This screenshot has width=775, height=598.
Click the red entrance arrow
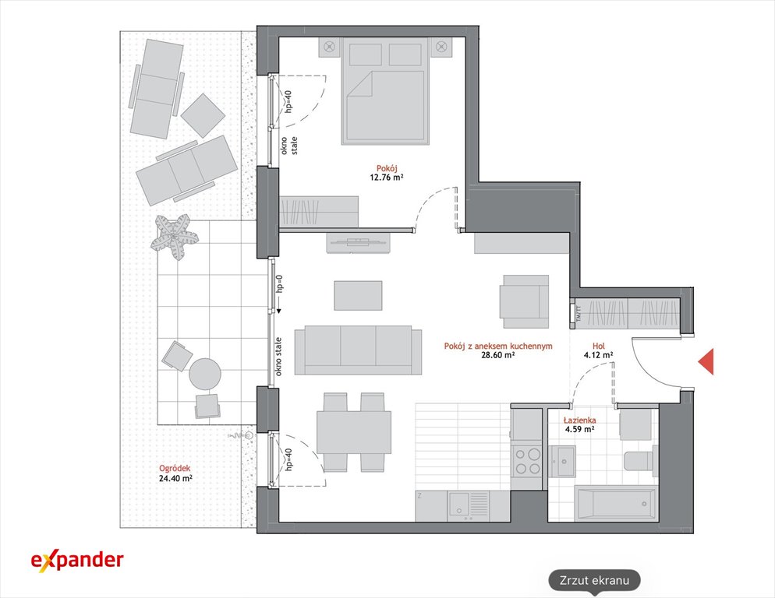[x=708, y=361]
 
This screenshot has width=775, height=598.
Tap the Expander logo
[x=77, y=561]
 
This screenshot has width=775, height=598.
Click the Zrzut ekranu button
[x=594, y=580]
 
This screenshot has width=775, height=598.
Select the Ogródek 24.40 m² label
[x=175, y=473]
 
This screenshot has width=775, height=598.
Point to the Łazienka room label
[x=580, y=420]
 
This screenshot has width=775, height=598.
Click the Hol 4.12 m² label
[x=599, y=350]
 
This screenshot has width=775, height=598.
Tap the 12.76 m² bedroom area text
[x=387, y=178]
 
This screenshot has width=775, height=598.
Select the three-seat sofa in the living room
[x=358, y=350]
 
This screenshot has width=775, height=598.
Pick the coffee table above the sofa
[x=358, y=295]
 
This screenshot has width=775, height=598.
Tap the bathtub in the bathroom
[x=616, y=503]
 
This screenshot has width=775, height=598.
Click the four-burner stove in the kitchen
[x=527, y=461]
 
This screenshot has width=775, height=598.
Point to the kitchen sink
[x=460, y=505]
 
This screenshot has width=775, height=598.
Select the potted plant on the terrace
[x=174, y=236]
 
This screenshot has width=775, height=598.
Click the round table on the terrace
[x=205, y=374]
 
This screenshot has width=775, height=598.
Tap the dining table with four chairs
[x=353, y=432]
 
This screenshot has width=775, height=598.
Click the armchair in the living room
[x=525, y=301]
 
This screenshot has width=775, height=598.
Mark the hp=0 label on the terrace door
[x=280, y=284]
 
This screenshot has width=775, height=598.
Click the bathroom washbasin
[x=562, y=461]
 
